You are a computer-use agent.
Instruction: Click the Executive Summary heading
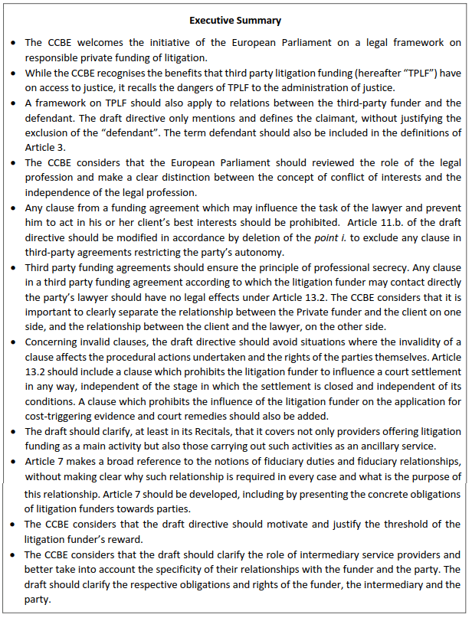(x=236, y=21)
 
